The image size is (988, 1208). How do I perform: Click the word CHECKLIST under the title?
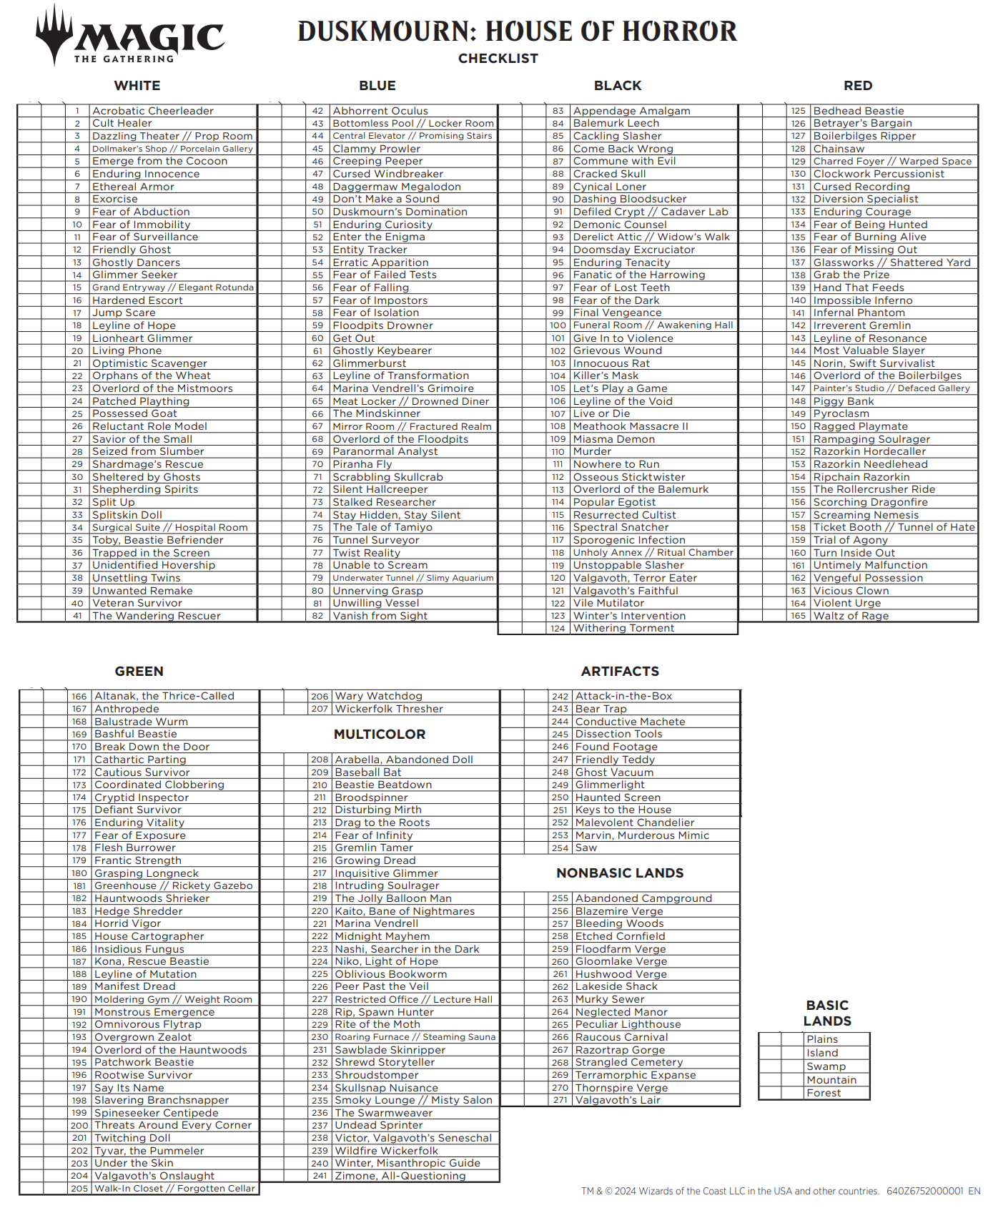point(498,59)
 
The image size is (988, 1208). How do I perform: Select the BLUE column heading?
point(377,86)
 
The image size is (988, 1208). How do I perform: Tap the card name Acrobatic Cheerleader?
point(152,111)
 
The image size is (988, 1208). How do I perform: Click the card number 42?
point(317,111)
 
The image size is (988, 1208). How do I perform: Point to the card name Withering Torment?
point(623,628)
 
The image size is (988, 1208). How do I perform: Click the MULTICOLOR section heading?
point(380,735)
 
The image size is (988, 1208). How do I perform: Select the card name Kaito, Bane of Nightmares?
point(405,911)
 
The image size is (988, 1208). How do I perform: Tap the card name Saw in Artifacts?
point(586,848)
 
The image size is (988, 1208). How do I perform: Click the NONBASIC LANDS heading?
point(620,873)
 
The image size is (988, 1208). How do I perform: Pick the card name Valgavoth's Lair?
point(618,1100)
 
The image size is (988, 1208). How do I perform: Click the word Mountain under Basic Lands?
point(831,1080)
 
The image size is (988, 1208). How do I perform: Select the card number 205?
point(79,1189)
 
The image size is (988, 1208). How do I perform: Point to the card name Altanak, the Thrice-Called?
point(164,696)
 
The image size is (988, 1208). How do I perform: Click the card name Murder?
point(592,451)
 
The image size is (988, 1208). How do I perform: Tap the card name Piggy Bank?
point(844,401)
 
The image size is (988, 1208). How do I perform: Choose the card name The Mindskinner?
point(377,413)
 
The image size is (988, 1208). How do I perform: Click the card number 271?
point(560,1100)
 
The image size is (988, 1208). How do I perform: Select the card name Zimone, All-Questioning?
point(400,1176)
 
